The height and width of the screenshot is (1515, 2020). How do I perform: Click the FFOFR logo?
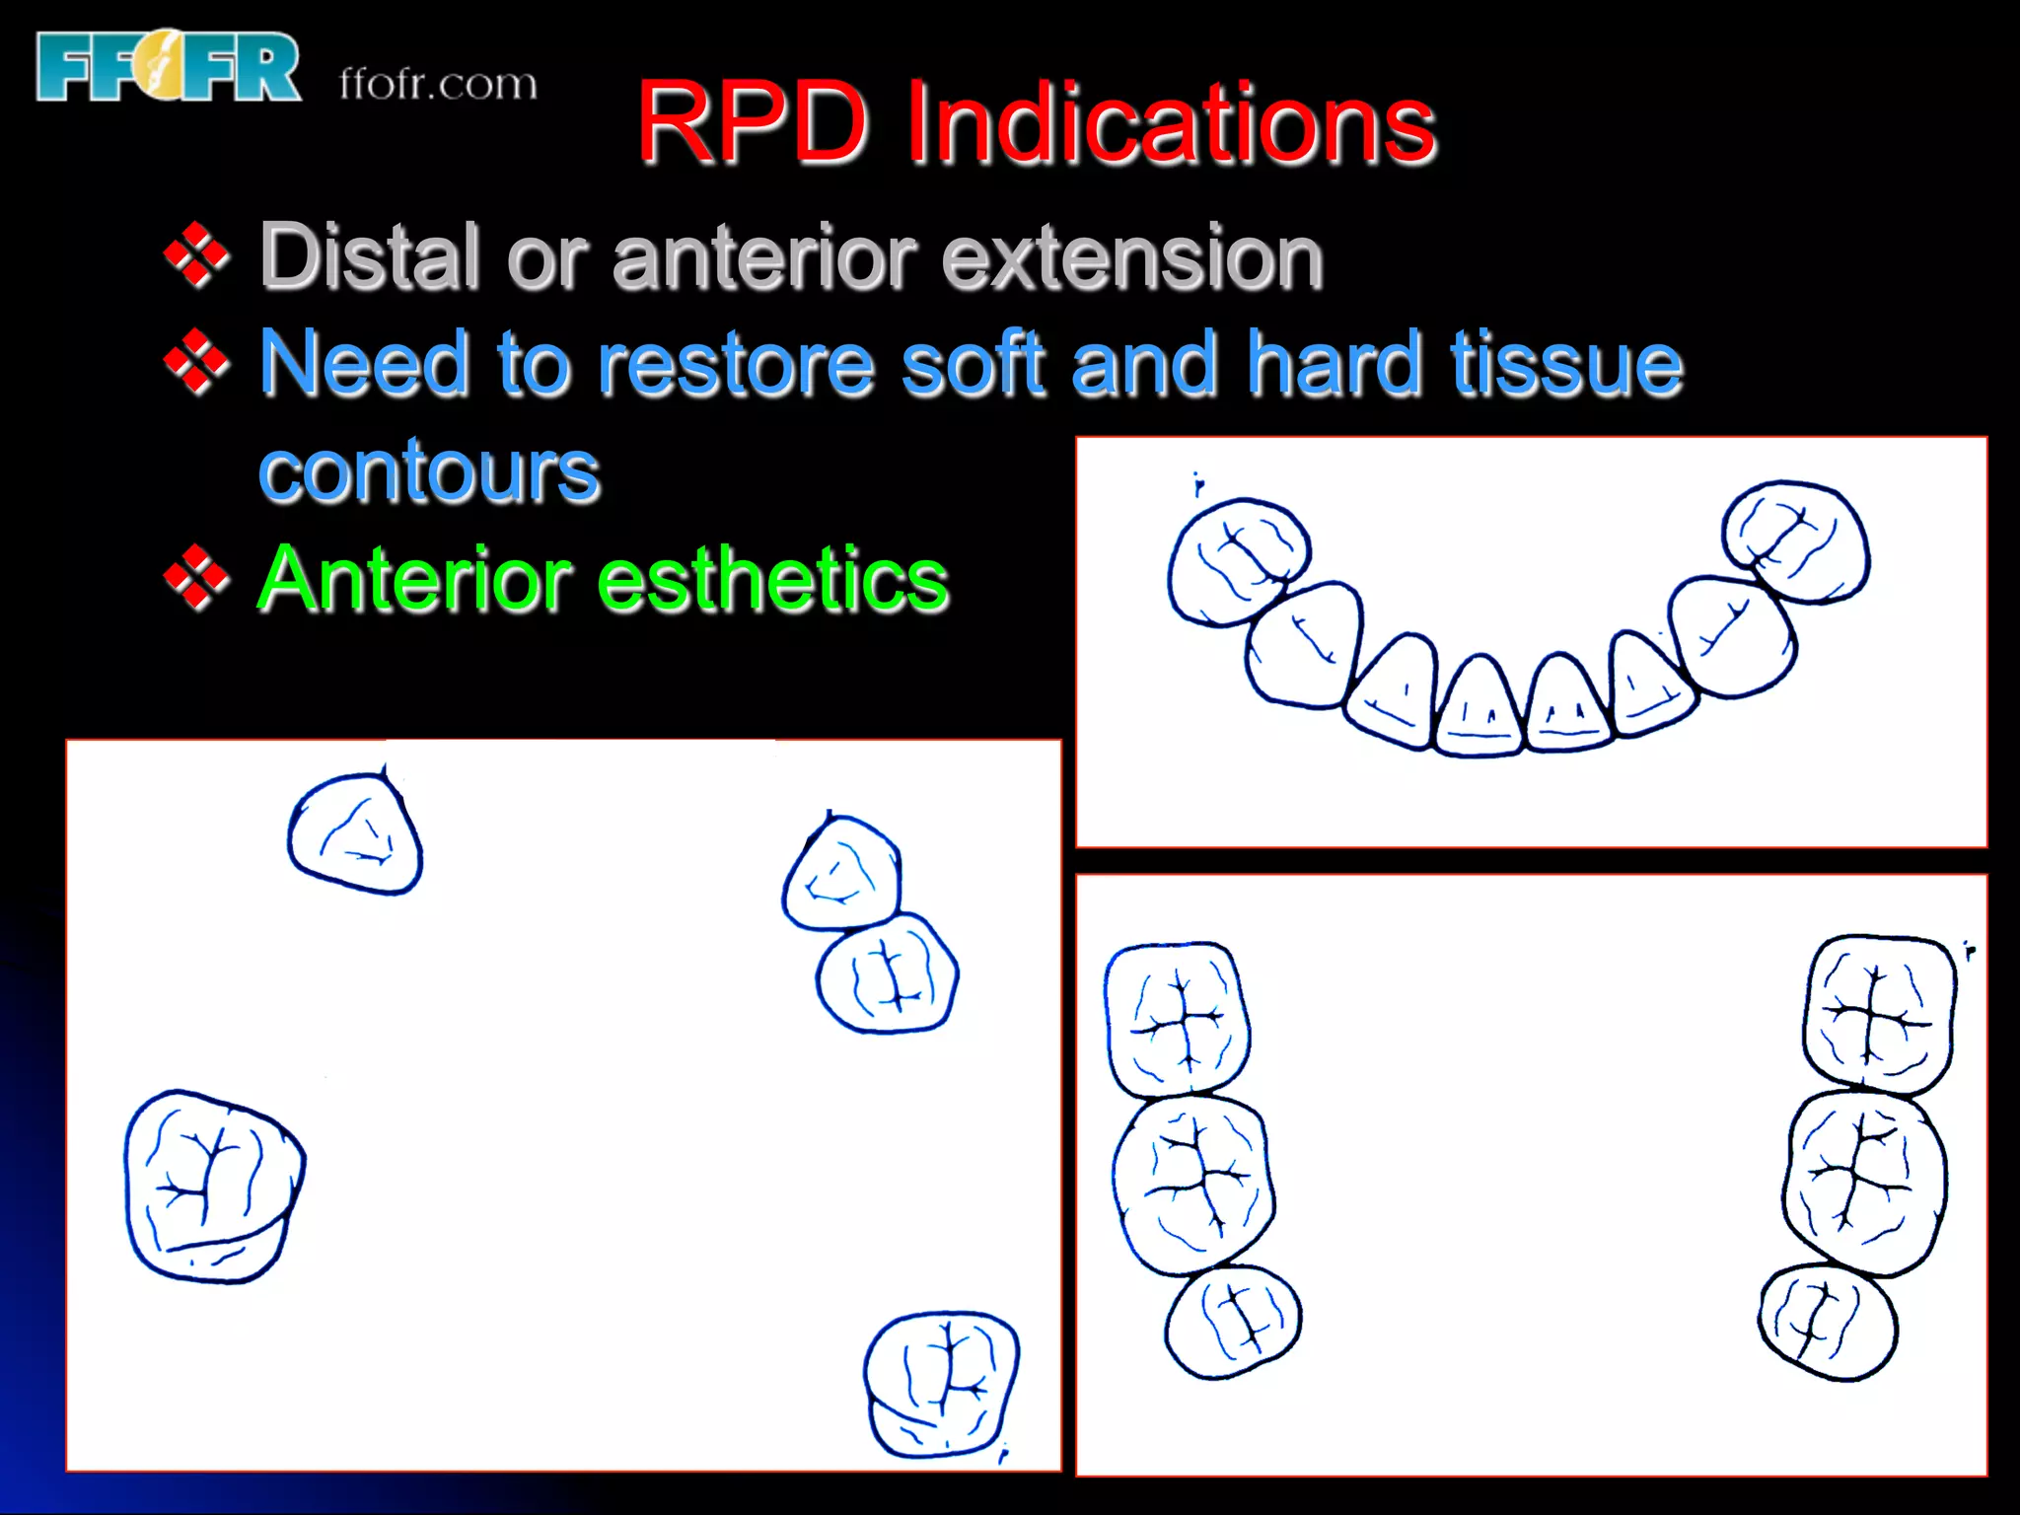tap(168, 66)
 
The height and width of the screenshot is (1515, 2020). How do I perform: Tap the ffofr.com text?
tap(438, 84)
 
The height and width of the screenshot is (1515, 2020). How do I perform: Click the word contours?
tap(429, 471)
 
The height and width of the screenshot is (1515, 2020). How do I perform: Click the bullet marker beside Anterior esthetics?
tap(196, 579)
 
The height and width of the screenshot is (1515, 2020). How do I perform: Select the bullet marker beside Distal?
tap(196, 255)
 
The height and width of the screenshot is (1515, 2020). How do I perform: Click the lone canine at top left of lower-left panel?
tap(356, 834)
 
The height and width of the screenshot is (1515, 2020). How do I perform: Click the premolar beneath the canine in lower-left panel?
tap(887, 974)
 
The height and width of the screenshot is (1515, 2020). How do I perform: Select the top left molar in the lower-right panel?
tap(1176, 1019)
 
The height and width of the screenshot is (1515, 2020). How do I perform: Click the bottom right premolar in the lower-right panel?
tap(1827, 1322)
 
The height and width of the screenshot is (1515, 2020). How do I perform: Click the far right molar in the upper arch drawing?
tap(1795, 541)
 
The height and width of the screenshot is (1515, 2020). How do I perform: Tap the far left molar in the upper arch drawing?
tap(1237, 560)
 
